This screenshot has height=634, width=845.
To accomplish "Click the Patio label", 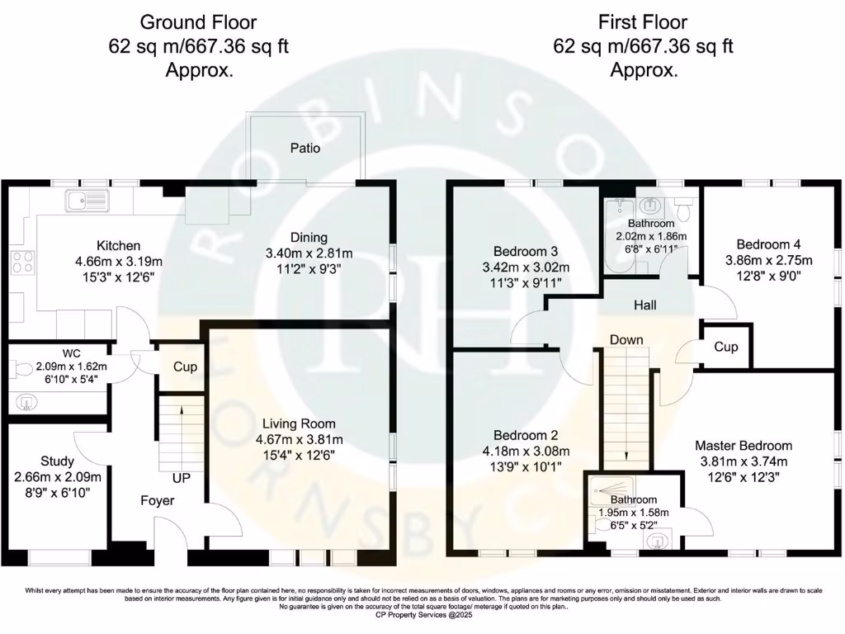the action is tap(305, 149).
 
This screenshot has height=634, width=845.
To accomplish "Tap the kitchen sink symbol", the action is tap(87, 201).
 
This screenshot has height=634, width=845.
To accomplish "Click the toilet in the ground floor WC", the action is tap(21, 370).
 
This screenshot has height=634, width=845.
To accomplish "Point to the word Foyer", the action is tap(158, 501).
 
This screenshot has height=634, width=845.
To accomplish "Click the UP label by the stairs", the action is tap(181, 478).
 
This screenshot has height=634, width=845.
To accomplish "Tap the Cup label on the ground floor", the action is tap(185, 367).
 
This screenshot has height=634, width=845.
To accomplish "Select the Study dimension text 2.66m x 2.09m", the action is tap(58, 477).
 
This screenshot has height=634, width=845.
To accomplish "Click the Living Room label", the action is tap(299, 424).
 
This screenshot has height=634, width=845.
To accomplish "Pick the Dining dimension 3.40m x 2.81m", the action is tap(309, 253).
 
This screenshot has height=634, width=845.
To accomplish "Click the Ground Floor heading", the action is tap(198, 22).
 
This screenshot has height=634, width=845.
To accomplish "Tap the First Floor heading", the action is tap(643, 22).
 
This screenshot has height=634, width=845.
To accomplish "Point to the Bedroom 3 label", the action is tap(526, 252).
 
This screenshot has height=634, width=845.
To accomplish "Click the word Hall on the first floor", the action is tap(645, 305).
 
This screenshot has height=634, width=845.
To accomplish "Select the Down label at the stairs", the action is tap(626, 340).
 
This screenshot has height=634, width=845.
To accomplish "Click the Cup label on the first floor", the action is tap(726, 348).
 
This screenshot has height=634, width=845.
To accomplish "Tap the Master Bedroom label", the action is tap(744, 446).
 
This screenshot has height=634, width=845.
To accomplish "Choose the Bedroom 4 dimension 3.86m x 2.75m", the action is tap(769, 260).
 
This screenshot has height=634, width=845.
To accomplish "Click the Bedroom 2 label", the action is tap(526, 436).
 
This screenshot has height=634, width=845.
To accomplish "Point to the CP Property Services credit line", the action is tap(423, 614).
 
